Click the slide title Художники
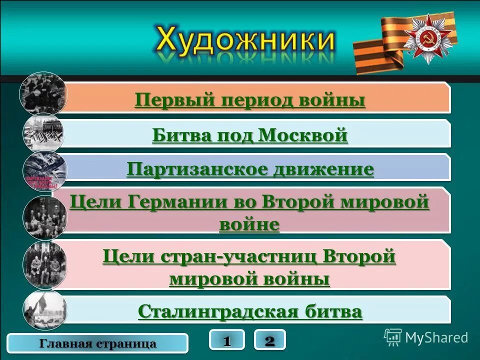point(245,40)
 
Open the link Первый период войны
point(249,100)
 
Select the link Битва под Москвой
point(249,135)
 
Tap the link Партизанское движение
point(250,169)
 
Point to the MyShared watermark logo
point(426,337)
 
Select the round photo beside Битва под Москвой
point(44,132)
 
